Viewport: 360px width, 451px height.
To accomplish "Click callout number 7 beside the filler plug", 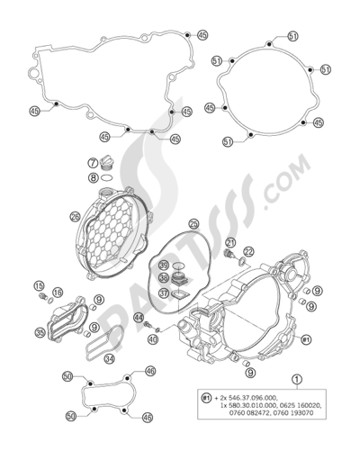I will (92, 163).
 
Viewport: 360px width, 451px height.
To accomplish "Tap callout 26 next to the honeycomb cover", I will (100, 216).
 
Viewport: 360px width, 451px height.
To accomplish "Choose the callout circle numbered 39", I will (164, 266).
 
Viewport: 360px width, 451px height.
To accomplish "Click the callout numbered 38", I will (164, 279).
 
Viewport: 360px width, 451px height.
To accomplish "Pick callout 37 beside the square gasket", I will (163, 293).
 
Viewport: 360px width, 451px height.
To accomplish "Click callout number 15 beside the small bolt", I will (40, 287).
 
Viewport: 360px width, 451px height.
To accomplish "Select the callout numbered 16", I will (57, 293).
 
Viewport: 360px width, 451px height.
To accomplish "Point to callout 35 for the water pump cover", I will (40, 332).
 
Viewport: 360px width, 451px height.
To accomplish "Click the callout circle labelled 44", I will (138, 319).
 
